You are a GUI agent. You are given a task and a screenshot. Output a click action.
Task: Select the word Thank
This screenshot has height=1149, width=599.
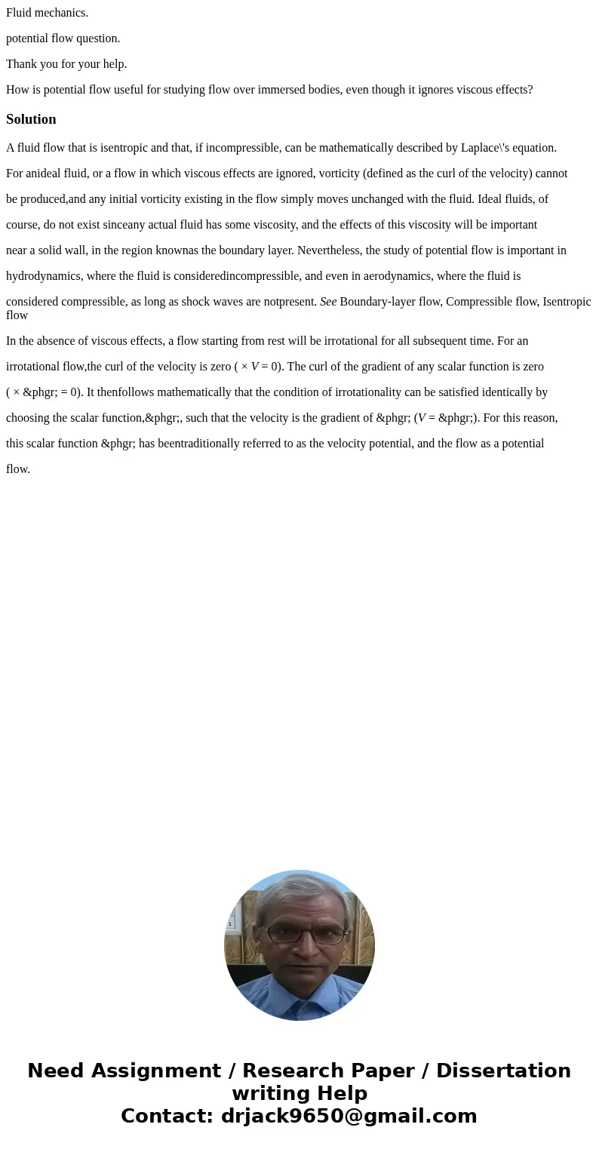(x=22, y=64)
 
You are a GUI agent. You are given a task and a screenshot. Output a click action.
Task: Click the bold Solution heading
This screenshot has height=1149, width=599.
(x=31, y=119)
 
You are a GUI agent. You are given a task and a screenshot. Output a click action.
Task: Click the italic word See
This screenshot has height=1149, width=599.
(x=328, y=302)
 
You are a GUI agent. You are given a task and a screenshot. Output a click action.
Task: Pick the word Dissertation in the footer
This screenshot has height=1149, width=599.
(x=503, y=1071)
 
